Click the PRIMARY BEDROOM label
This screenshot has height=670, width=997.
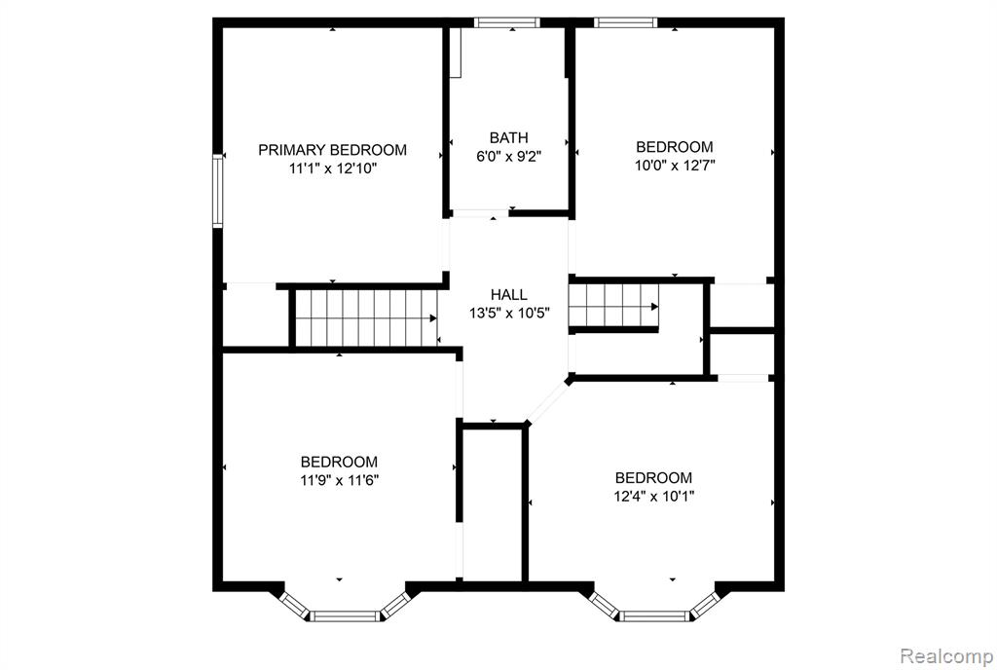point(332,150)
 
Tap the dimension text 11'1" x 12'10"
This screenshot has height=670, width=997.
point(333,168)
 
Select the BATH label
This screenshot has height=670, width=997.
point(508,137)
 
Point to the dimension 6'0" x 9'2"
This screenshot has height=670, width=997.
point(508,156)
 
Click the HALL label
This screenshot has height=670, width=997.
point(508,294)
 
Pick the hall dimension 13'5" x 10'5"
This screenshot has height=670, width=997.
point(509,313)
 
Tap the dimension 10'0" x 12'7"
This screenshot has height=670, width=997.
point(675,166)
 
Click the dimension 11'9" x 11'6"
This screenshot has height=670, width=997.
point(340,480)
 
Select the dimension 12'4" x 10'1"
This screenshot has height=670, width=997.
point(653,496)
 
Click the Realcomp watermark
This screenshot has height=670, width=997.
point(946,655)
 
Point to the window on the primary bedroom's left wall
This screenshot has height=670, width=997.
point(218,191)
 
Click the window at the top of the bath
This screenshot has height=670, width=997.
point(506,22)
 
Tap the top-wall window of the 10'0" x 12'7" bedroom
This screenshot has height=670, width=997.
point(626,22)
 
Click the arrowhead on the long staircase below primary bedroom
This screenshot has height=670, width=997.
point(433,317)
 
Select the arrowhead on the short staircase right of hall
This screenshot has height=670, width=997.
point(654,307)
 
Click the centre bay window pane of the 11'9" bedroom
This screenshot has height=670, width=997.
point(345,615)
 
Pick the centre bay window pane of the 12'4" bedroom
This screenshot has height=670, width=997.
point(654,615)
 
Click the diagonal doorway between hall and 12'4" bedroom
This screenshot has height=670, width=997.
point(547,402)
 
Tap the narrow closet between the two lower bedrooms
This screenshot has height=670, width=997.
point(494,504)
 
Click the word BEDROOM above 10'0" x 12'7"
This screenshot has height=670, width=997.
point(675,147)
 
